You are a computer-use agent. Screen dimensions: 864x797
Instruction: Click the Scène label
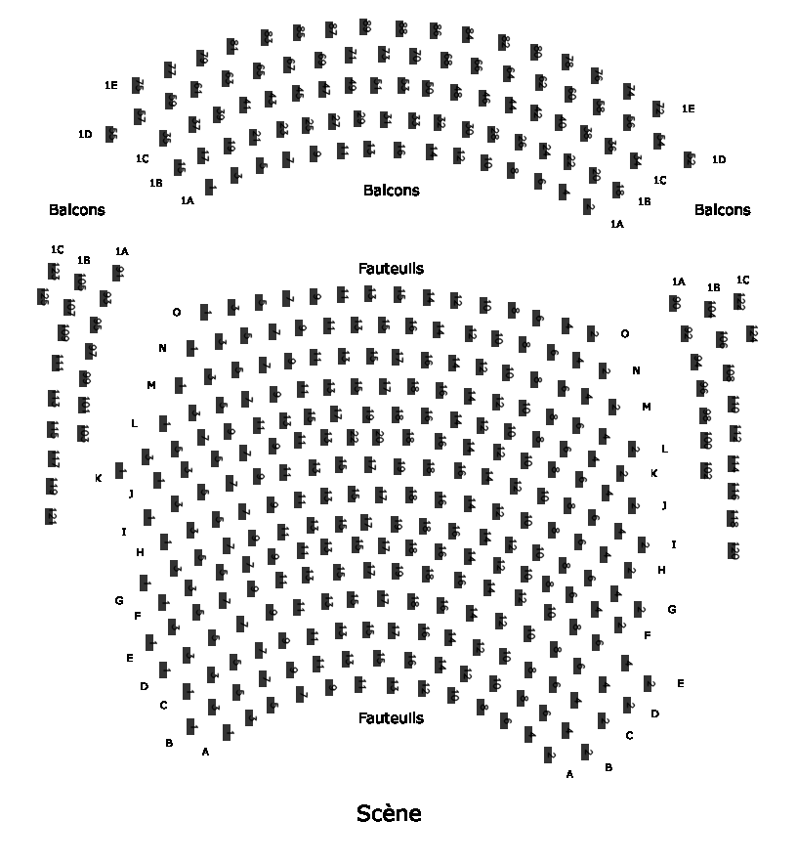(x=389, y=812)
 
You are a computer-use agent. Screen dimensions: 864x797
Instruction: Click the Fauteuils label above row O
(x=391, y=268)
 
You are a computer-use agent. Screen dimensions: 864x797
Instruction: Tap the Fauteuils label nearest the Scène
(x=391, y=717)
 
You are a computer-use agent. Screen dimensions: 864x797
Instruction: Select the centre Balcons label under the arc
(x=391, y=191)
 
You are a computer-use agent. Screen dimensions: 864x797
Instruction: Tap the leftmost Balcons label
(x=76, y=209)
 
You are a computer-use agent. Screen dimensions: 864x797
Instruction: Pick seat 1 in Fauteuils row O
(x=205, y=312)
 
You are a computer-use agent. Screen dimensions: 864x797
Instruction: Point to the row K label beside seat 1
(x=99, y=478)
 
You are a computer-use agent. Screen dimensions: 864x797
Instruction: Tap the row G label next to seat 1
(x=119, y=600)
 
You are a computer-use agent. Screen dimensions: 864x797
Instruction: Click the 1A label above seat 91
(x=121, y=251)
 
